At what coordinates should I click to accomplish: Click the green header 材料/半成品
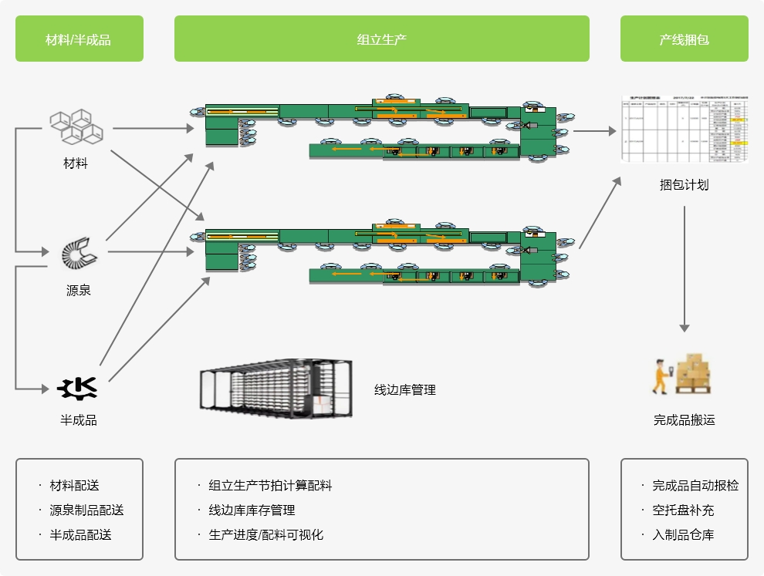click(79, 39)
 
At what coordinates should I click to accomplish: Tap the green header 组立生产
click(381, 39)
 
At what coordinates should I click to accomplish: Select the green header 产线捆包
click(684, 39)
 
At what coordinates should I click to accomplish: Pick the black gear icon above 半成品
click(78, 388)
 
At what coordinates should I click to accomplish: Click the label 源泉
click(79, 291)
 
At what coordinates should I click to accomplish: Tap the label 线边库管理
click(405, 390)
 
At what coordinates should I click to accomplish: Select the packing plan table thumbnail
click(685, 130)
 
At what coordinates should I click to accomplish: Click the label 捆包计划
click(684, 185)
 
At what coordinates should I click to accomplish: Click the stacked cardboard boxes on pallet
click(694, 373)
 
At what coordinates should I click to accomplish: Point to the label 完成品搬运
click(684, 420)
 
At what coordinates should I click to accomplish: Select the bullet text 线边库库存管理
click(252, 510)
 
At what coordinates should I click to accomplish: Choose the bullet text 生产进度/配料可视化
click(265, 535)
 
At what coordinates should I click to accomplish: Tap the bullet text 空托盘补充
click(683, 510)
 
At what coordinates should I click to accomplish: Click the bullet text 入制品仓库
click(683, 535)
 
